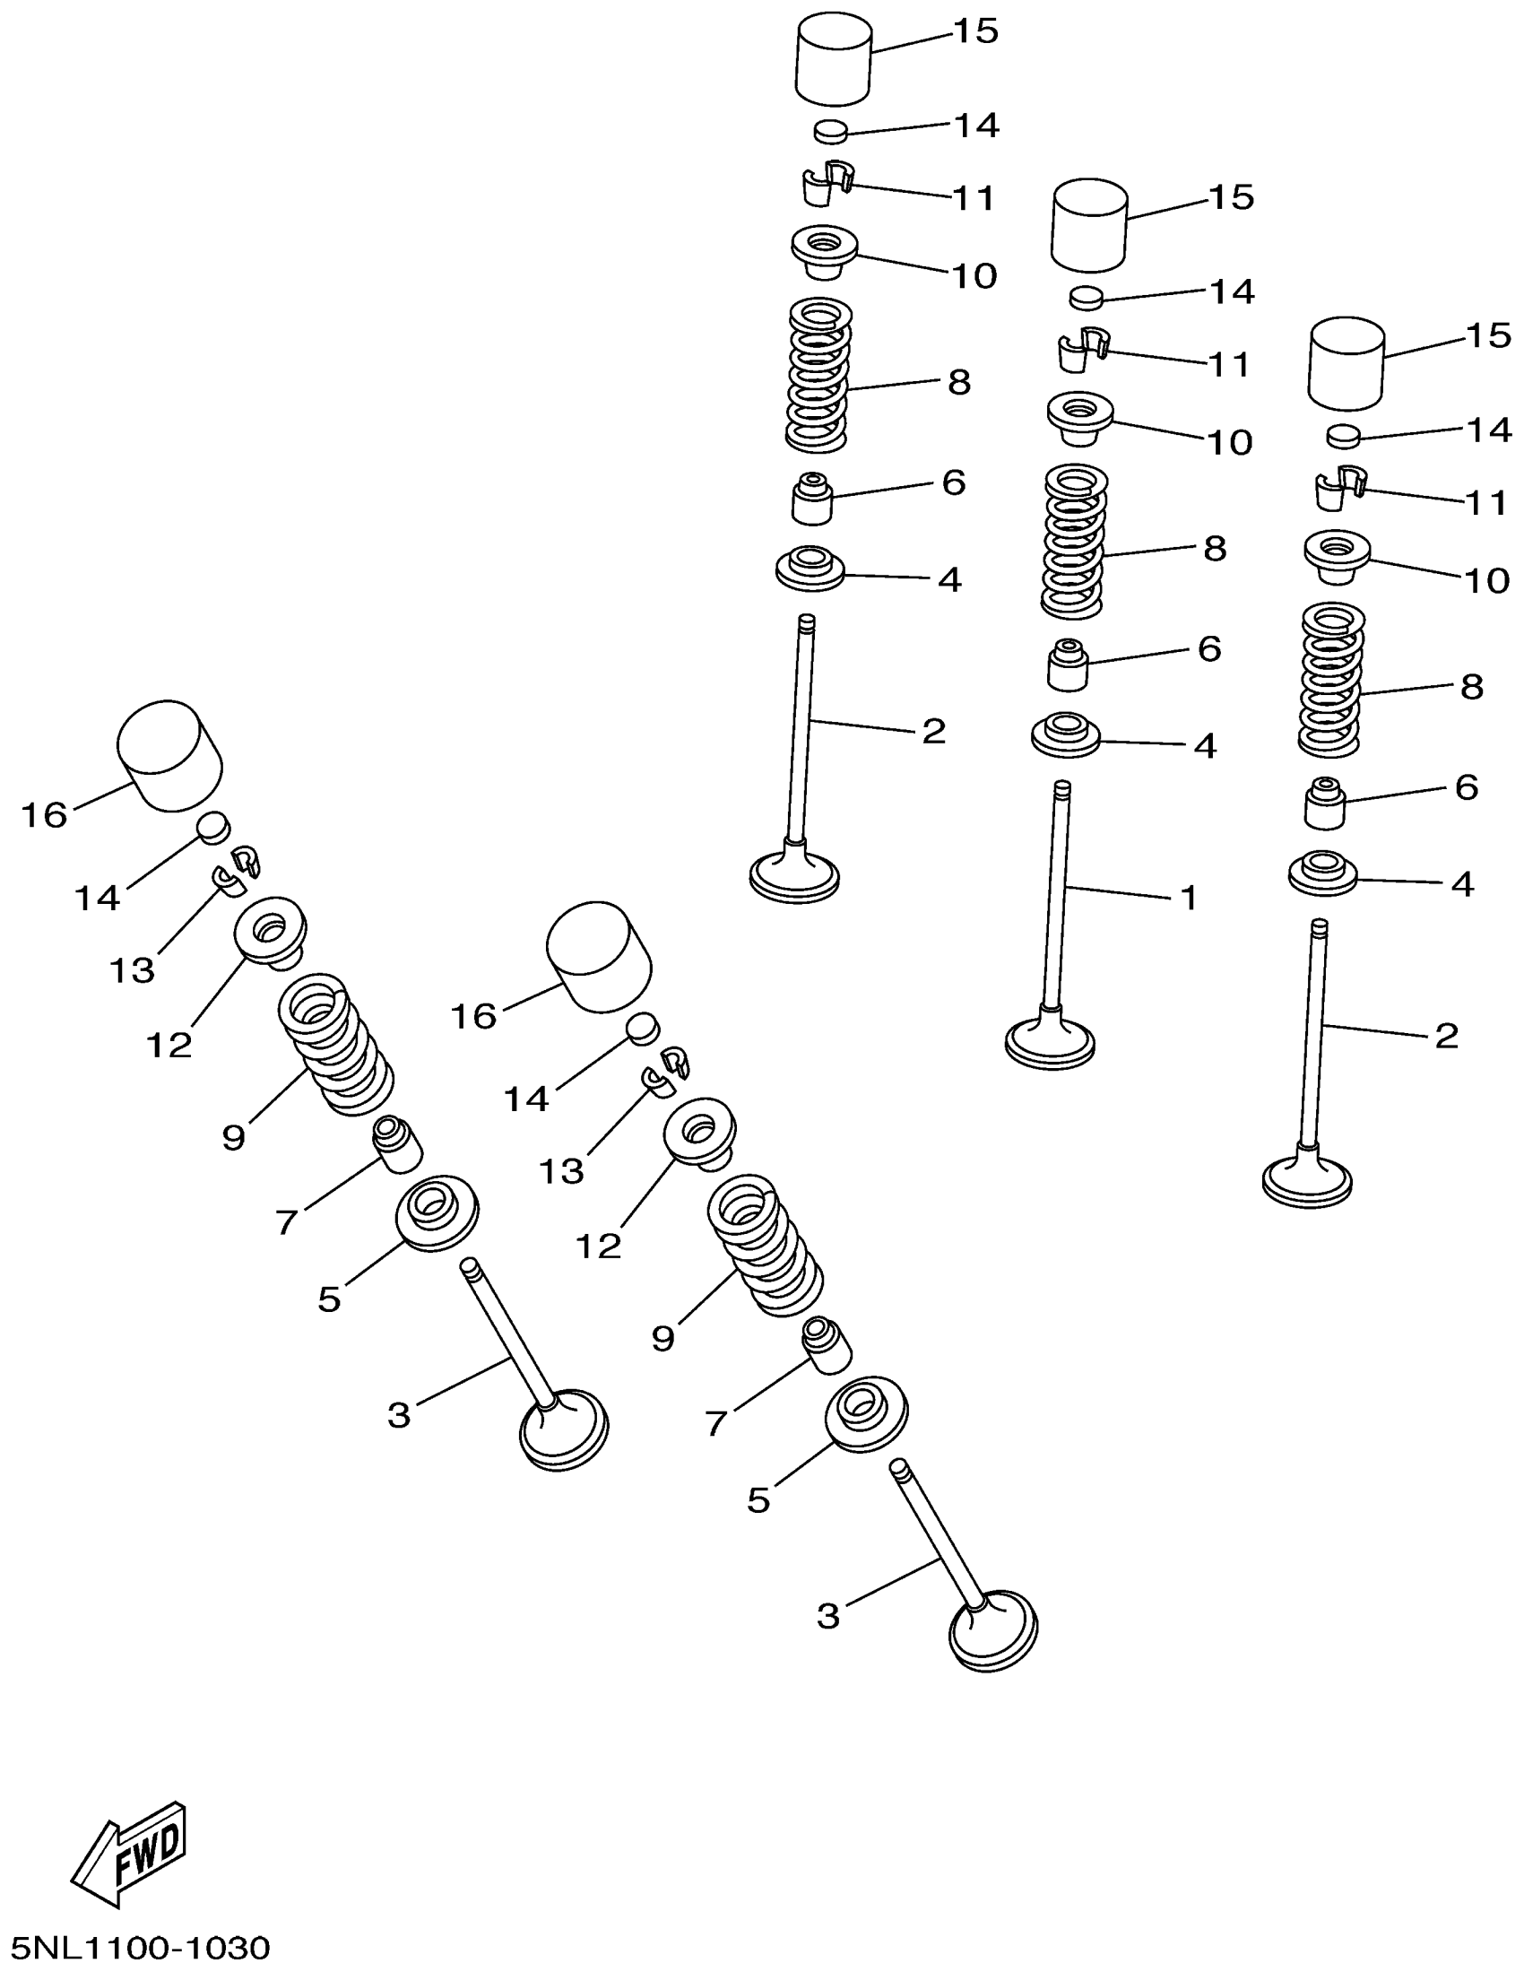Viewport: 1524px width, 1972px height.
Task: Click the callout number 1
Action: tap(1189, 898)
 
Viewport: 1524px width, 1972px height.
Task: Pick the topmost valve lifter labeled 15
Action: tap(834, 58)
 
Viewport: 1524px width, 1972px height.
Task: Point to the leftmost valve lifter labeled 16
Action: tap(169, 756)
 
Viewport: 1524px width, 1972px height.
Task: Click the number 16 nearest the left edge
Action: tap(44, 815)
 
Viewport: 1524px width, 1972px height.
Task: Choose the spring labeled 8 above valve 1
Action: tap(1074, 542)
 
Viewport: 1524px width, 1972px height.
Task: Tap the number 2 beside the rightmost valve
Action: tap(1446, 1036)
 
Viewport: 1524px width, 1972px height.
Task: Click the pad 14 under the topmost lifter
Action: tap(832, 130)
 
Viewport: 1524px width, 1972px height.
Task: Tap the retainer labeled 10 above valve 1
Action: tap(1078, 419)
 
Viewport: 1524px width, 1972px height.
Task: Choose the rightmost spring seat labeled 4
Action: tap(1322, 873)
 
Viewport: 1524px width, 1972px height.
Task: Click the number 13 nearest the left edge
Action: tap(132, 970)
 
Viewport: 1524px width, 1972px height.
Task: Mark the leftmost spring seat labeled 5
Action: tap(437, 1212)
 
